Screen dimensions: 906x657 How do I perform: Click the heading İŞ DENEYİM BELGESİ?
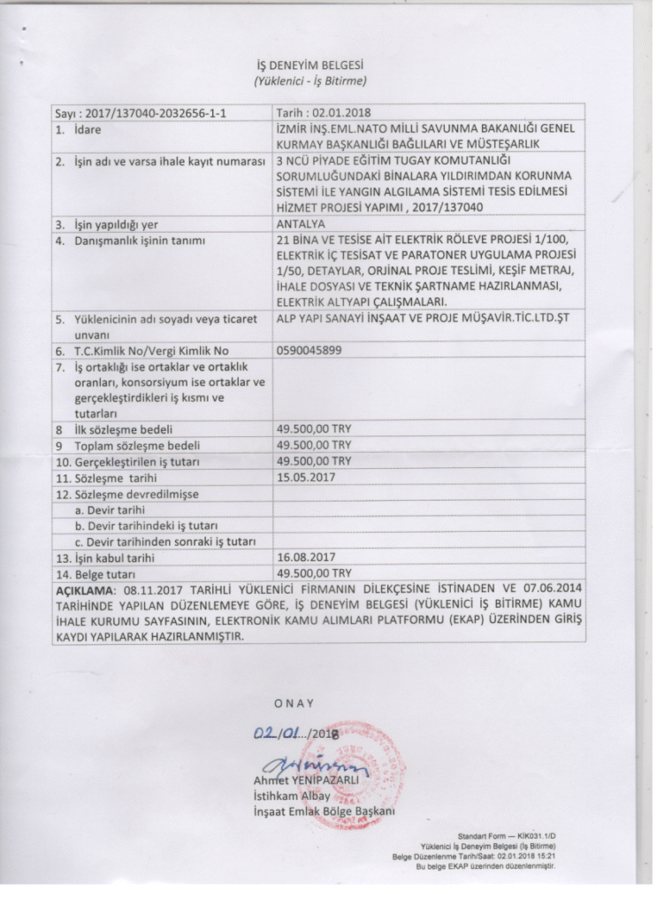(310, 65)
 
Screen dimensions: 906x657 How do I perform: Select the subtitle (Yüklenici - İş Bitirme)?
(310, 81)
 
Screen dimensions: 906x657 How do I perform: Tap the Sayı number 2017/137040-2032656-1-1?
(144, 114)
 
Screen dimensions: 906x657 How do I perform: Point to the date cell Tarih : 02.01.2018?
(324, 113)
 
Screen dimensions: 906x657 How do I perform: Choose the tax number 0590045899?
(309, 350)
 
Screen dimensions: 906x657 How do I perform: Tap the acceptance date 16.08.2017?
(304, 558)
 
